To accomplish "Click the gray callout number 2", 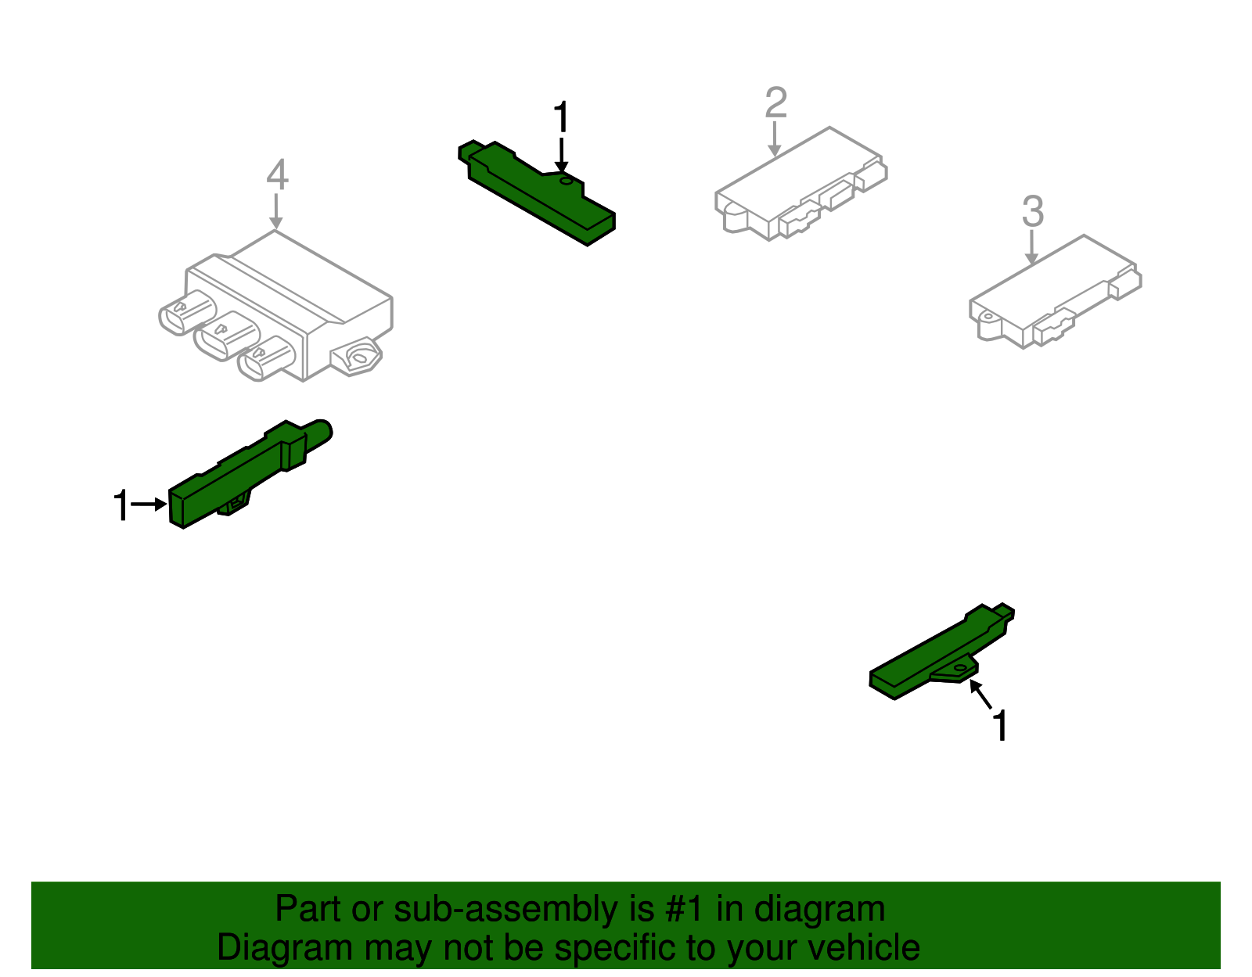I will point(775,102).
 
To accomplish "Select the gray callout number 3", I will point(1032,211).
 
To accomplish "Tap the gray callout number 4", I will point(277,175).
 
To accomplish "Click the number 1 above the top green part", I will point(561,118).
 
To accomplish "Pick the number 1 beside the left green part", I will point(121,505).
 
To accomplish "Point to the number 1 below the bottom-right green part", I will point(1000,726).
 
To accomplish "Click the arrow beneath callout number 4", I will point(275,212).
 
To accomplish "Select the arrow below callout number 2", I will point(775,140).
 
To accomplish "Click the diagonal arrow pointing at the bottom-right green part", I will point(980,694).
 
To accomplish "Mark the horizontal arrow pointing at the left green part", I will point(149,505).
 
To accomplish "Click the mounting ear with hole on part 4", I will point(359,357).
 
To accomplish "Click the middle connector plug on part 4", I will point(225,336).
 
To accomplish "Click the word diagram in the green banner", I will point(819,910).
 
